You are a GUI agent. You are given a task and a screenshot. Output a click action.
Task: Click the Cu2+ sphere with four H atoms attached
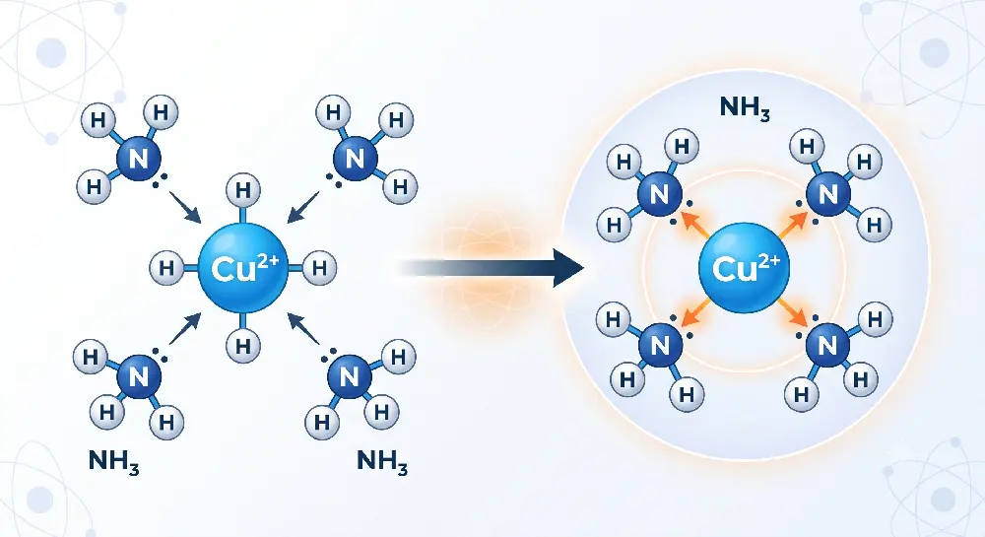click(243, 268)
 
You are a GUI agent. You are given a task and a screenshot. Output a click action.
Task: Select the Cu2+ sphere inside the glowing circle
click(745, 268)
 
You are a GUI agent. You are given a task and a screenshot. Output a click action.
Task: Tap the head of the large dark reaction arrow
click(568, 268)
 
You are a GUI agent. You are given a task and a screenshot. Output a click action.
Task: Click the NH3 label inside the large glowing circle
click(745, 108)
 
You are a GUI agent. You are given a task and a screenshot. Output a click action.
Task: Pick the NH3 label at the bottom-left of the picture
click(113, 462)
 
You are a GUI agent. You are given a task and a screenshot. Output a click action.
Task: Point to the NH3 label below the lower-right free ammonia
click(382, 462)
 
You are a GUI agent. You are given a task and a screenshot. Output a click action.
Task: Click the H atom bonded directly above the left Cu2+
click(243, 190)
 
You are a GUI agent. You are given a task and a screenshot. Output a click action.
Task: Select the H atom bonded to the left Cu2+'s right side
click(320, 268)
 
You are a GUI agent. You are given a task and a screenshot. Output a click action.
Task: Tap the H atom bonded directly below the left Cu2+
click(243, 346)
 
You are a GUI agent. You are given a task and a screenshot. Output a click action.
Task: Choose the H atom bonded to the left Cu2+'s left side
click(166, 268)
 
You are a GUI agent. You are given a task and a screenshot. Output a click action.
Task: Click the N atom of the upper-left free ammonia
click(139, 159)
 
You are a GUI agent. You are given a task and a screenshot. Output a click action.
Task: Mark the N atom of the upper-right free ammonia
click(355, 159)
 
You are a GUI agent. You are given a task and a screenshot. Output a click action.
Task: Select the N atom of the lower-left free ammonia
click(139, 376)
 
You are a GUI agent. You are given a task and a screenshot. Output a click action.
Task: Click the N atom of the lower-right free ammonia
click(350, 376)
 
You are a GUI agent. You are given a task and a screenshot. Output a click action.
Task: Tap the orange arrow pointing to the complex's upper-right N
click(793, 225)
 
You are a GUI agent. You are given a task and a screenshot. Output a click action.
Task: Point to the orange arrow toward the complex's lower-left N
click(696, 311)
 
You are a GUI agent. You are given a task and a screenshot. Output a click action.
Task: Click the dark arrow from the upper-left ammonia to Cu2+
click(185, 207)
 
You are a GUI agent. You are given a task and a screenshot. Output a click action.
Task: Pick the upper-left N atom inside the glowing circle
click(660, 194)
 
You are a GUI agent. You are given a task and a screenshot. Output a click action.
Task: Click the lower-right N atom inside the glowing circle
click(828, 345)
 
